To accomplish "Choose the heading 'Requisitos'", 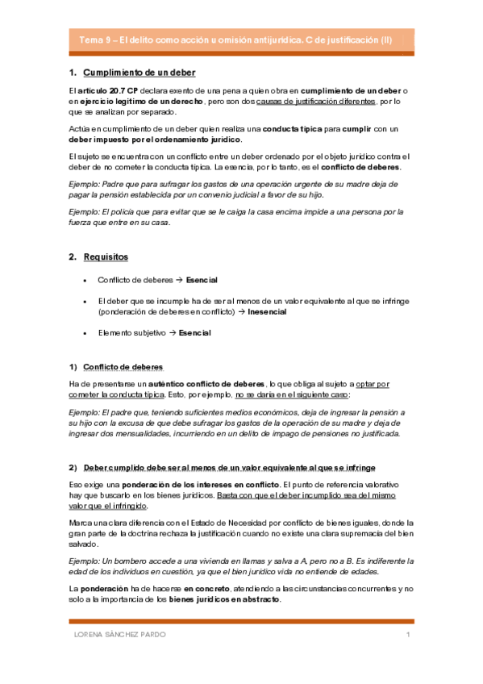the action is (105, 256).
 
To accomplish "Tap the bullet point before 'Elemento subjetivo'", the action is (85, 332).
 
